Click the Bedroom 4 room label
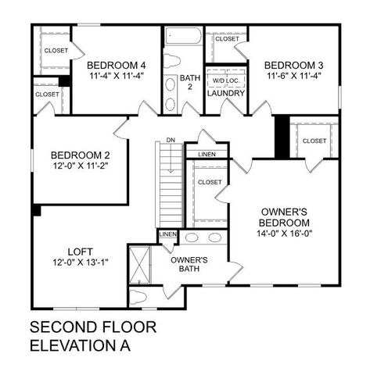(116, 65)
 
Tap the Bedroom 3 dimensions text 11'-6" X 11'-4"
(293, 76)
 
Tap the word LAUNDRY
(226, 94)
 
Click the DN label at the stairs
(169, 141)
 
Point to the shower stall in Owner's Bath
(141, 263)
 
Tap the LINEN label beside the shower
(167, 234)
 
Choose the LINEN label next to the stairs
(207, 154)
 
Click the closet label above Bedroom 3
(227, 38)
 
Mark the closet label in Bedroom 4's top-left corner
(56, 51)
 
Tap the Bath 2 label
(190, 83)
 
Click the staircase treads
(170, 187)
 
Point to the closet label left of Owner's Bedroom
(210, 182)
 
